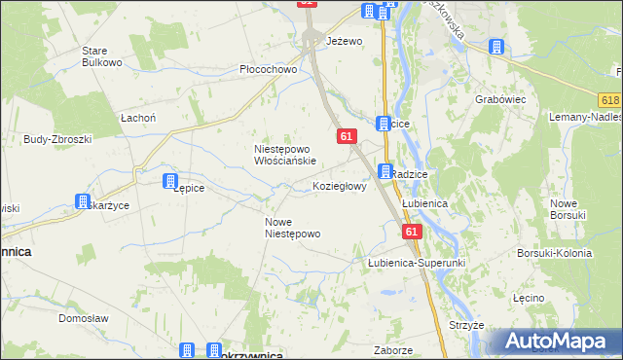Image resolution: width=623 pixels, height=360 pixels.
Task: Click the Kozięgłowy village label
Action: [x=340, y=186]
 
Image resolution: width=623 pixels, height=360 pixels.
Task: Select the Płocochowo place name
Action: [x=268, y=70]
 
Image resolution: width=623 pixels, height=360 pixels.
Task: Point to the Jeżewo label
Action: [x=344, y=41]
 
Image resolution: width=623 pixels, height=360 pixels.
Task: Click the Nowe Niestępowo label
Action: [x=292, y=228]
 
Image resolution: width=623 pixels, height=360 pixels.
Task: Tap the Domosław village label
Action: [x=82, y=318]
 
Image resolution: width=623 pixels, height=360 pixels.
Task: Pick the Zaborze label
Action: [x=393, y=349]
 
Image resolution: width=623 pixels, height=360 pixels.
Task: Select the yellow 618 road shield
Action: [x=610, y=101]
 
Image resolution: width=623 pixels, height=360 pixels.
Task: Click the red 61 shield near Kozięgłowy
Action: [x=347, y=137]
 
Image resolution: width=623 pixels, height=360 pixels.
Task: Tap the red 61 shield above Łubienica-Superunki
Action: [x=412, y=232]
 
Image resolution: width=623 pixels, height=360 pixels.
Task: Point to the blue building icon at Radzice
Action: [x=385, y=172]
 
